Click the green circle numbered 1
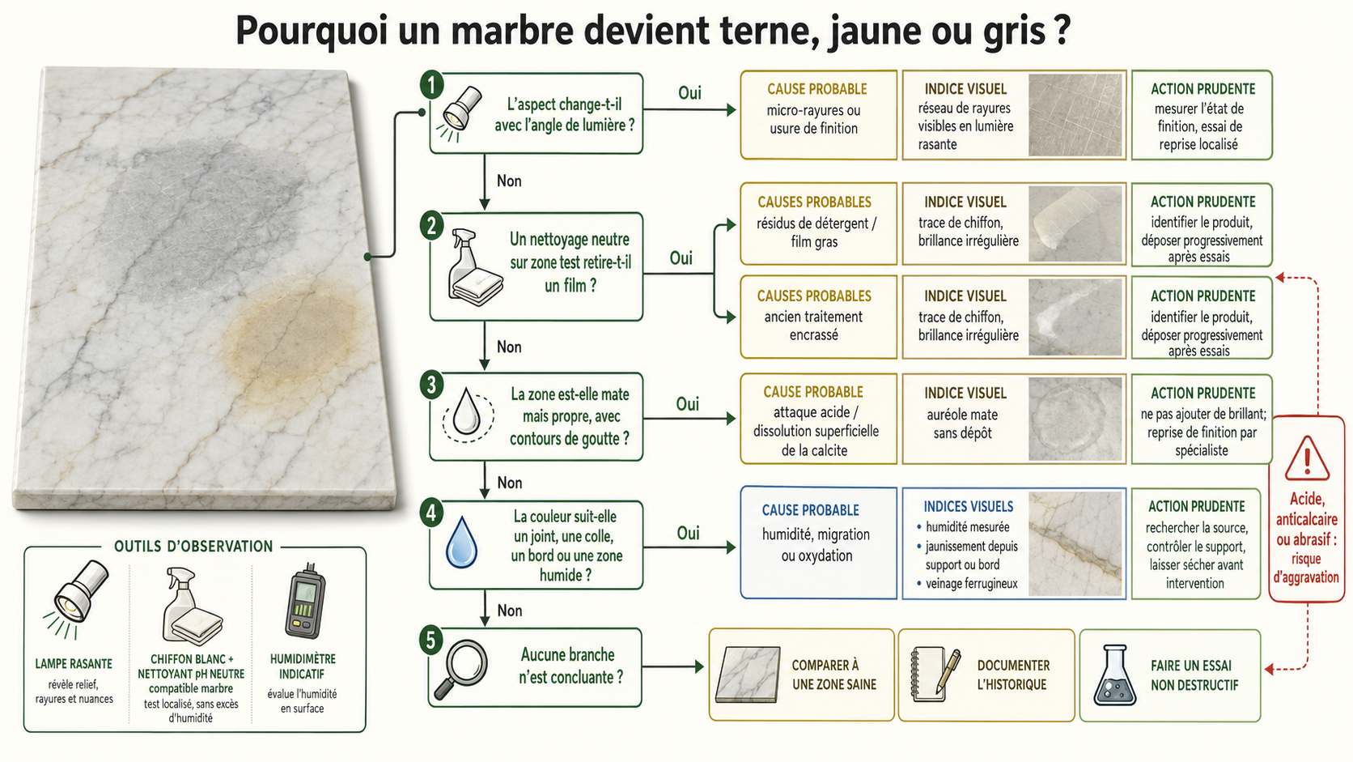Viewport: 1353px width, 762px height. (x=432, y=85)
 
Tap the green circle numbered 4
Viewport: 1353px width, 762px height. (x=431, y=513)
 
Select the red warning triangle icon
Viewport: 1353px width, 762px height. (x=1307, y=458)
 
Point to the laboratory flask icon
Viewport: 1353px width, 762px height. (x=1114, y=675)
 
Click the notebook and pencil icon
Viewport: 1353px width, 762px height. (x=935, y=675)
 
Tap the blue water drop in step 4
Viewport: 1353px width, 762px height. (x=461, y=542)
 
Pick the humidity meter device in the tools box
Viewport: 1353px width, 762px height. (x=306, y=602)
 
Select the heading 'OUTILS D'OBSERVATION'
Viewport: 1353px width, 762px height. (x=193, y=547)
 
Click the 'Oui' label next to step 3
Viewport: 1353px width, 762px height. (x=687, y=403)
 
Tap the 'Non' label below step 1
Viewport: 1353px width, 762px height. (x=509, y=181)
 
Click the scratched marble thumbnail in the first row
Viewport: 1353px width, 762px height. (x=1075, y=115)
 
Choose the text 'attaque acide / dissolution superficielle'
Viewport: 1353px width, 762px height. (x=816, y=422)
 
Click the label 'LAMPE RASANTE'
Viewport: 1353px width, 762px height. (x=74, y=663)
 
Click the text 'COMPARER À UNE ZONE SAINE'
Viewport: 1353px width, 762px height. (x=833, y=675)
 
